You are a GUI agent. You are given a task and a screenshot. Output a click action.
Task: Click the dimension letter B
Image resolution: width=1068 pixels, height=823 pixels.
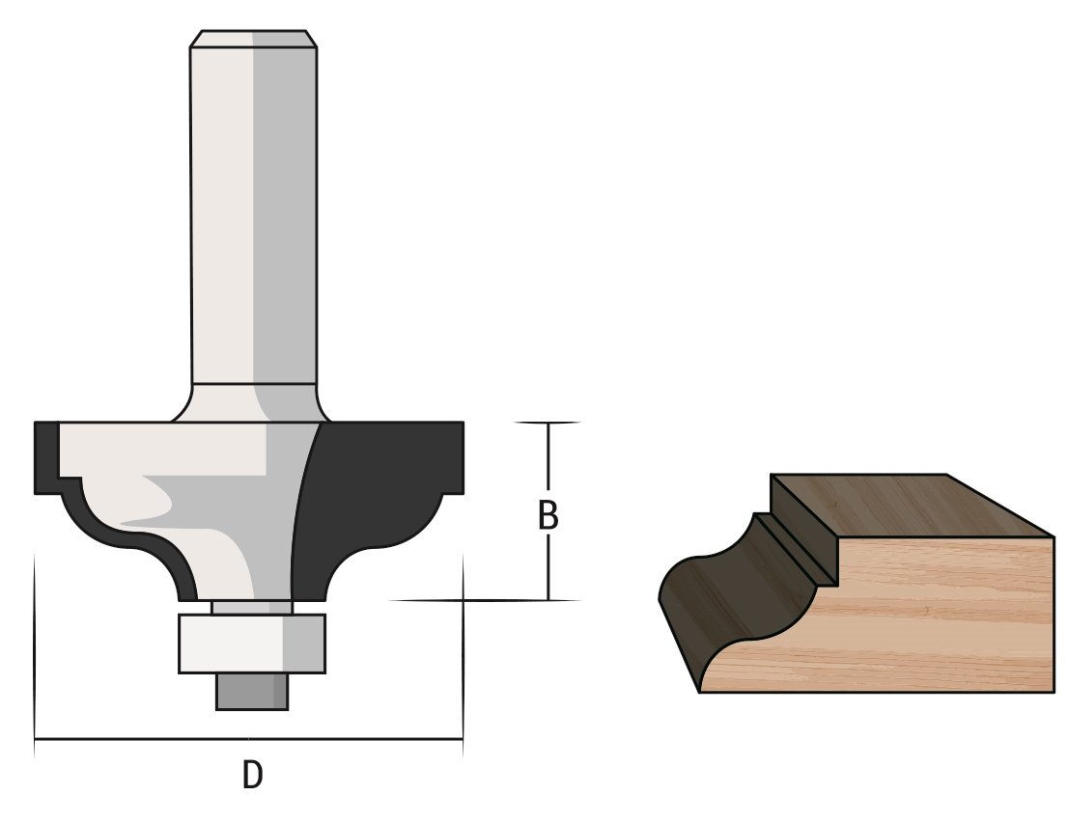pos(548,516)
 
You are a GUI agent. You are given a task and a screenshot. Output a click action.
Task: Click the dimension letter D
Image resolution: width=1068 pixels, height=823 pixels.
pos(252,774)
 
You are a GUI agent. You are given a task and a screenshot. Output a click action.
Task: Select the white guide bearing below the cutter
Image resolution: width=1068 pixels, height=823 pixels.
pos(252,643)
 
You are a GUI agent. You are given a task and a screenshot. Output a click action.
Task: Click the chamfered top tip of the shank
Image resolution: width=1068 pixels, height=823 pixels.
pos(254,38)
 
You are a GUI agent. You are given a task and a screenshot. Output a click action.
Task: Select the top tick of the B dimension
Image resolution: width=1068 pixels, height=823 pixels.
pos(548,423)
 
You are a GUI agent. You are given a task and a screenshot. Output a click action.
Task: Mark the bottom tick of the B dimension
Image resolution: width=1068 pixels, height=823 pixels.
pos(548,600)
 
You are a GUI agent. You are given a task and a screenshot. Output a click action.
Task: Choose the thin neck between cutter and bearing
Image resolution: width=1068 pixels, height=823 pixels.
pos(251,606)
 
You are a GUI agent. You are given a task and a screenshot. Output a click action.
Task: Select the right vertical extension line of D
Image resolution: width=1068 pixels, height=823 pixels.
pos(463,656)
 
